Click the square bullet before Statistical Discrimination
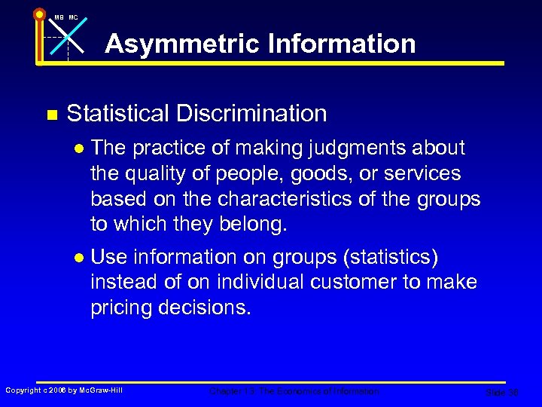[51, 115]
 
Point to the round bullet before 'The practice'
[78, 149]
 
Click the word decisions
[210, 308]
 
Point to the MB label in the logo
[58, 17]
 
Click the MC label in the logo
[73, 17]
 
